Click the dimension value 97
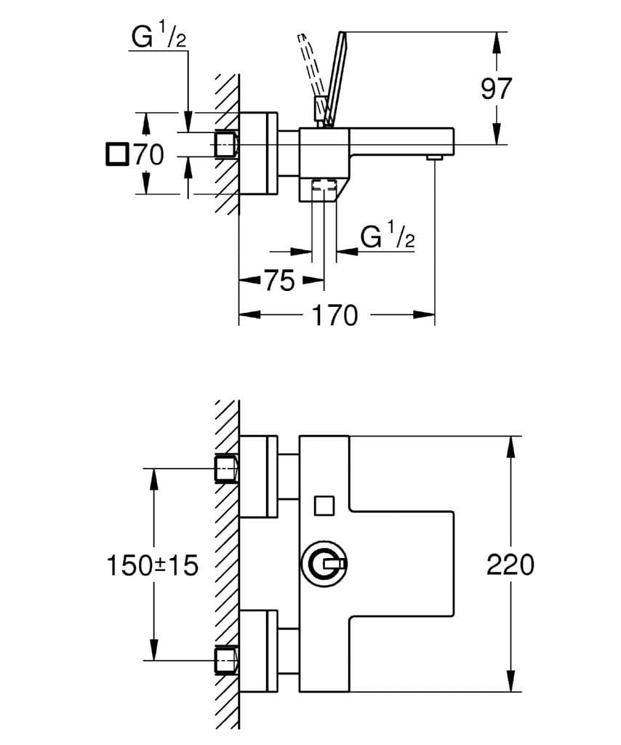pyautogui.click(x=497, y=89)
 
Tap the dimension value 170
pyautogui.click(x=334, y=315)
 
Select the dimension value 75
pyautogui.click(x=279, y=280)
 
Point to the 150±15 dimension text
pyautogui.click(x=153, y=565)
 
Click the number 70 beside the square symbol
pyautogui.click(x=148, y=154)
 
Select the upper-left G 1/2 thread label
pyautogui.click(x=159, y=36)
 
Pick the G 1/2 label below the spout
pyautogui.click(x=388, y=236)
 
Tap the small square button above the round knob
pyautogui.click(x=324, y=505)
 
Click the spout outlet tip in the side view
pyautogui.click(x=434, y=157)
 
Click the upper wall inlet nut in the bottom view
pyautogui.click(x=227, y=469)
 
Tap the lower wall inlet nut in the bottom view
pyautogui.click(x=227, y=659)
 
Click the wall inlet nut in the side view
pyautogui.click(x=227, y=143)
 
